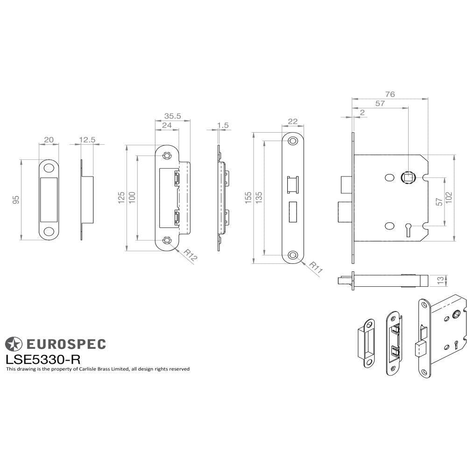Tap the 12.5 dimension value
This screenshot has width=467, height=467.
pos(87,140)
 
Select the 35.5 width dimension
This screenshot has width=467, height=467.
pos(172,116)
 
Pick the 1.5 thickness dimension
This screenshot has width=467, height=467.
pos(223,126)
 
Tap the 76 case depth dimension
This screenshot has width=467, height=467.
pos(390,94)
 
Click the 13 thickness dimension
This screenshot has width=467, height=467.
pos(440,280)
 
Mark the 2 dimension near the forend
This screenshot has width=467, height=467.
pos(362,112)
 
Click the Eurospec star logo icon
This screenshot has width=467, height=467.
pos(13,344)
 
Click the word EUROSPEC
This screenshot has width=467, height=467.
pos(65,345)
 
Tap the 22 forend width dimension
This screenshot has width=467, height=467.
pos(293,121)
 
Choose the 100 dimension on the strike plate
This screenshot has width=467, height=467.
pos(132,197)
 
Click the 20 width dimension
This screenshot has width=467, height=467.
pos(49,140)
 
